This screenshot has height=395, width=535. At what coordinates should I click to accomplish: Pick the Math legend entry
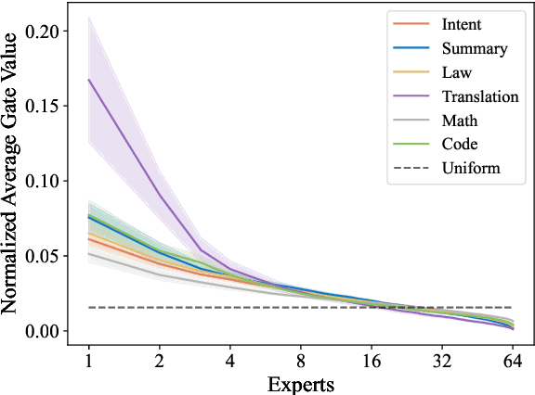tap(461, 121)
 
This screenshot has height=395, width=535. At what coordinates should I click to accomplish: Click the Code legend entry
tap(462, 145)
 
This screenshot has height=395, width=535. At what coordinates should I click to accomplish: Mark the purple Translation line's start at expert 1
tap(88, 80)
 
